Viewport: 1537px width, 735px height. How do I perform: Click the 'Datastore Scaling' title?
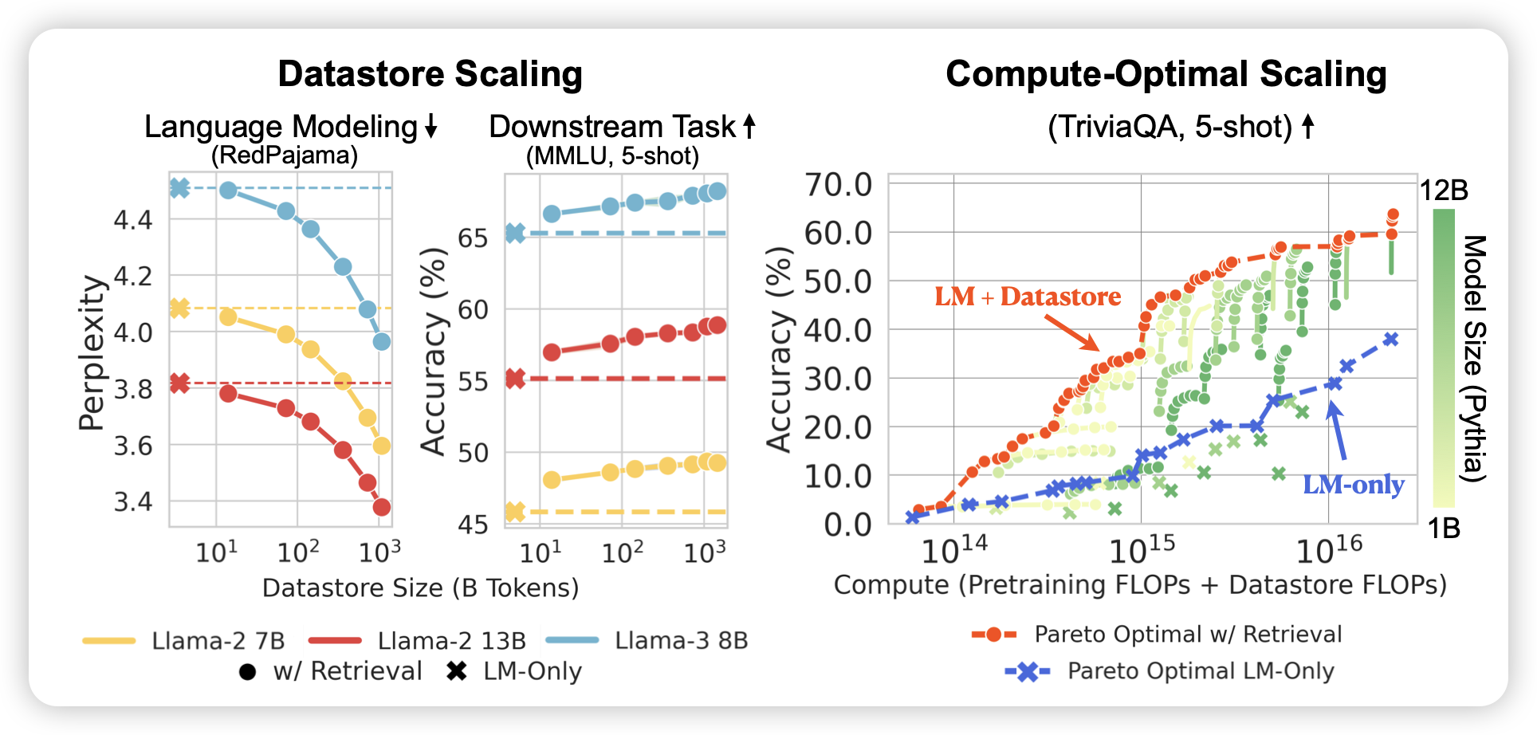click(430, 74)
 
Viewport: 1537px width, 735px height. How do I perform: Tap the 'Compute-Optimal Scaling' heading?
click(1166, 74)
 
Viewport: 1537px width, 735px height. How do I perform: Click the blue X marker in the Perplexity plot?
click(180, 188)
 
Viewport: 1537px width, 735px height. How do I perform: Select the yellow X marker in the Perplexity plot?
click(180, 308)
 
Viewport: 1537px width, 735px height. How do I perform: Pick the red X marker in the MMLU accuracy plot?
click(516, 379)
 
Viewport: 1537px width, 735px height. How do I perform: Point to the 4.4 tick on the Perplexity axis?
click(132, 220)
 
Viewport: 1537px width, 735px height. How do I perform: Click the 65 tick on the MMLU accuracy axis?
click(473, 238)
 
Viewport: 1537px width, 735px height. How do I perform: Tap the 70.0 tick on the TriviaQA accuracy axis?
click(839, 185)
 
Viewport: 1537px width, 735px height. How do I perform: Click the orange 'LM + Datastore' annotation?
click(1028, 297)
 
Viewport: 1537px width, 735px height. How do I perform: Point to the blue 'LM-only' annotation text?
click(1353, 485)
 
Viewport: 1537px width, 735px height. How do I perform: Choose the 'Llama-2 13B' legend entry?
click(451, 641)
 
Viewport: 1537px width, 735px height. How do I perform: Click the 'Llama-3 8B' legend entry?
click(681, 641)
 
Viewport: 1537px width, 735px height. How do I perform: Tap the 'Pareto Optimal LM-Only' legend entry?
click(1200, 671)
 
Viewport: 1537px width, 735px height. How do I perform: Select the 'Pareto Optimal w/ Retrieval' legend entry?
click(1188, 635)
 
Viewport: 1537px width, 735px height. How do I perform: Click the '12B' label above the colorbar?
click(1444, 191)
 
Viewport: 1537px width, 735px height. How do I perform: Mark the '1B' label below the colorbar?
click(1444, 528)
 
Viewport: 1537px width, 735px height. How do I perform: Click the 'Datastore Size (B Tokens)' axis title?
click(420, 588)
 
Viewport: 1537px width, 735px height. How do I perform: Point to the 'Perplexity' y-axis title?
click(92, 352)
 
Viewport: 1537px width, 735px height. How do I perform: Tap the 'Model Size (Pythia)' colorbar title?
click(1475, 358)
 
